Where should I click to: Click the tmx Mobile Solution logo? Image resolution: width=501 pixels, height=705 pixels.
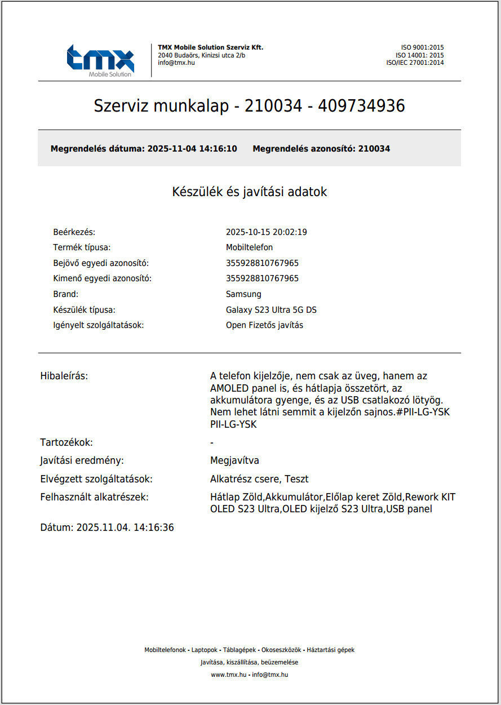pos(100,60)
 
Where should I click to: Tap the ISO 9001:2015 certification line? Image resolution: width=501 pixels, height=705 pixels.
pos(422,47)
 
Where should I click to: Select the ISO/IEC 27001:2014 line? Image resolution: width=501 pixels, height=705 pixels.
pos(415,63)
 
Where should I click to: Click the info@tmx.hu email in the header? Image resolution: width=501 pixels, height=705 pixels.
pos(176,63)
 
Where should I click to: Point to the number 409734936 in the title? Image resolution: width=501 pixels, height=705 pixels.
pos(361,106)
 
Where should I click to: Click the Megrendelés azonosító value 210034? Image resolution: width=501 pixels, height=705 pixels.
pos(374,149)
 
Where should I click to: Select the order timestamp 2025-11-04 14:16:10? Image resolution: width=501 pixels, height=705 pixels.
pos(192,149)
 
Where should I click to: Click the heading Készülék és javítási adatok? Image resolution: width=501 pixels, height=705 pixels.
pos(249,192)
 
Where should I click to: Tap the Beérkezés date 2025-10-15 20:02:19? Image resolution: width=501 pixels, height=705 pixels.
pos(266,232)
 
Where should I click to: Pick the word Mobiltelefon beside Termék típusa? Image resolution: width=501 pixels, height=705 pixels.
pos(249,247)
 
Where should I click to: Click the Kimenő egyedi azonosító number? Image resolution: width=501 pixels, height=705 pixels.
pos(262,278)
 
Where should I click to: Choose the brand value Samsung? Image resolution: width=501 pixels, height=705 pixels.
pos(243,294)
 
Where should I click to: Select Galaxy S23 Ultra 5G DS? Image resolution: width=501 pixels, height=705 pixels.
pos(275,310)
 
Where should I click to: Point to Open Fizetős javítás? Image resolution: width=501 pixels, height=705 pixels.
pos(264,325)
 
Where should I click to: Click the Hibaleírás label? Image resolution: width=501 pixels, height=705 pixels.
pos(64,376)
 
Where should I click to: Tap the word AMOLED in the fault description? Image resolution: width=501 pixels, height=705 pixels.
pos(229,388)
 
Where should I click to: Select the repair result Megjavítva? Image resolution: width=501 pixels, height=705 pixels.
pos(234,460)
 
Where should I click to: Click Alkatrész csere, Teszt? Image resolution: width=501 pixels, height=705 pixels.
pos(259,479)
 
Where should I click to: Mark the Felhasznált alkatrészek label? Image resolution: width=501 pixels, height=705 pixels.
pos(95,497)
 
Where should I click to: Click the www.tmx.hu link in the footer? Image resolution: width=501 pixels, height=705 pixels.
pos(228,675)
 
